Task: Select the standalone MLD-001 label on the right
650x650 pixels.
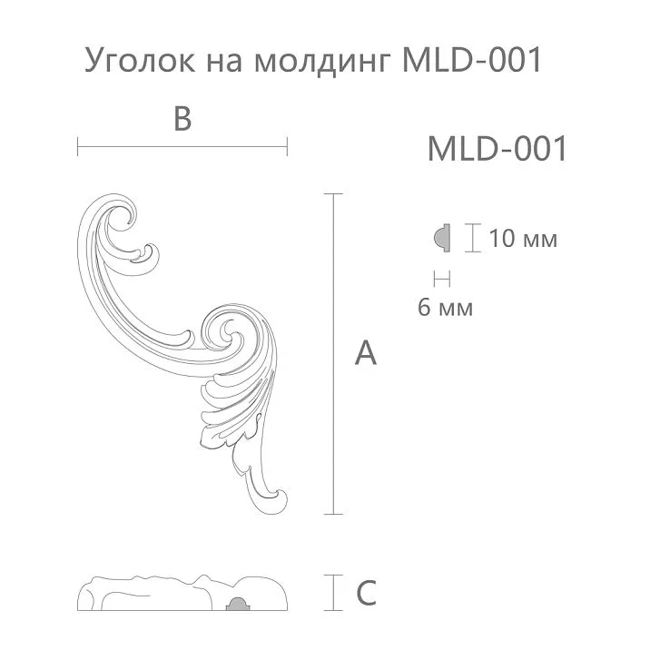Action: click(x=497, y=149)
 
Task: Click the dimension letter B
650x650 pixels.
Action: click(x=182, y=119)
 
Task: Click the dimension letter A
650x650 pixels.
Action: click(x=365, y=353)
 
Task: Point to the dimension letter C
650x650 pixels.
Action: click(x=365, y=594)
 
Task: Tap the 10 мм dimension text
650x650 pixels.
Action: click(x=522, y=240)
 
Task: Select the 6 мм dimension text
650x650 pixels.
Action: click(x=445, y=308)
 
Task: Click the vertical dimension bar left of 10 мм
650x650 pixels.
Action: click(x=471, y=239)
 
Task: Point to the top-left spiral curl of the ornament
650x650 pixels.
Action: click(x=122, y=219)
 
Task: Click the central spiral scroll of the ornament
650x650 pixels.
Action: click(x=222, y=328)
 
